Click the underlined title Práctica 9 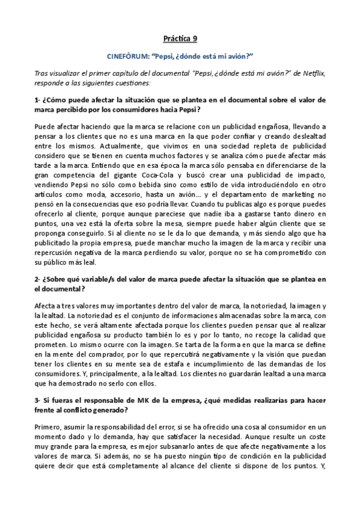180,39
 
